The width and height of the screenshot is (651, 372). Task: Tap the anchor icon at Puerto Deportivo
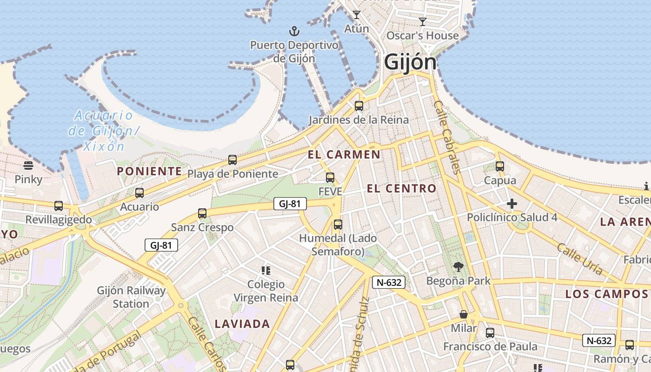294,32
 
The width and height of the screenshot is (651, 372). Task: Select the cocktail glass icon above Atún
356,15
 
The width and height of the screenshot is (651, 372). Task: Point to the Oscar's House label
423,36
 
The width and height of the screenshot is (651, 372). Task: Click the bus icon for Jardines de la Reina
359,106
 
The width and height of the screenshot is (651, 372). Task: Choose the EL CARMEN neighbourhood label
344,154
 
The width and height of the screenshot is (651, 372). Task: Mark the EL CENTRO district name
402,188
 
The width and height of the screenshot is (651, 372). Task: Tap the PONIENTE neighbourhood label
149,171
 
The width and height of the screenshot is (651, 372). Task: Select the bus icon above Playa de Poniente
232,160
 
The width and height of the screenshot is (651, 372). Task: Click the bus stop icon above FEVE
330,178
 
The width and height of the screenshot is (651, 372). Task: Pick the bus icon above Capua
500,166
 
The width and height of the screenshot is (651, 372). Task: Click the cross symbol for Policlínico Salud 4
512,204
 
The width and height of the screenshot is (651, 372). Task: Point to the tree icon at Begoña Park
458,267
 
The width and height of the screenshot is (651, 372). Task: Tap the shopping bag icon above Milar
464,314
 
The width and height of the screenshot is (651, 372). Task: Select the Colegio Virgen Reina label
266,291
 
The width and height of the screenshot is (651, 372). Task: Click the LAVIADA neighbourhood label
242,324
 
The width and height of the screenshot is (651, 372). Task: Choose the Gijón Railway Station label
131,297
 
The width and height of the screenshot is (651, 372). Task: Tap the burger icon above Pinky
28,166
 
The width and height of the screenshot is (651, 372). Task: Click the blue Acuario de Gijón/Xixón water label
103,131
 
